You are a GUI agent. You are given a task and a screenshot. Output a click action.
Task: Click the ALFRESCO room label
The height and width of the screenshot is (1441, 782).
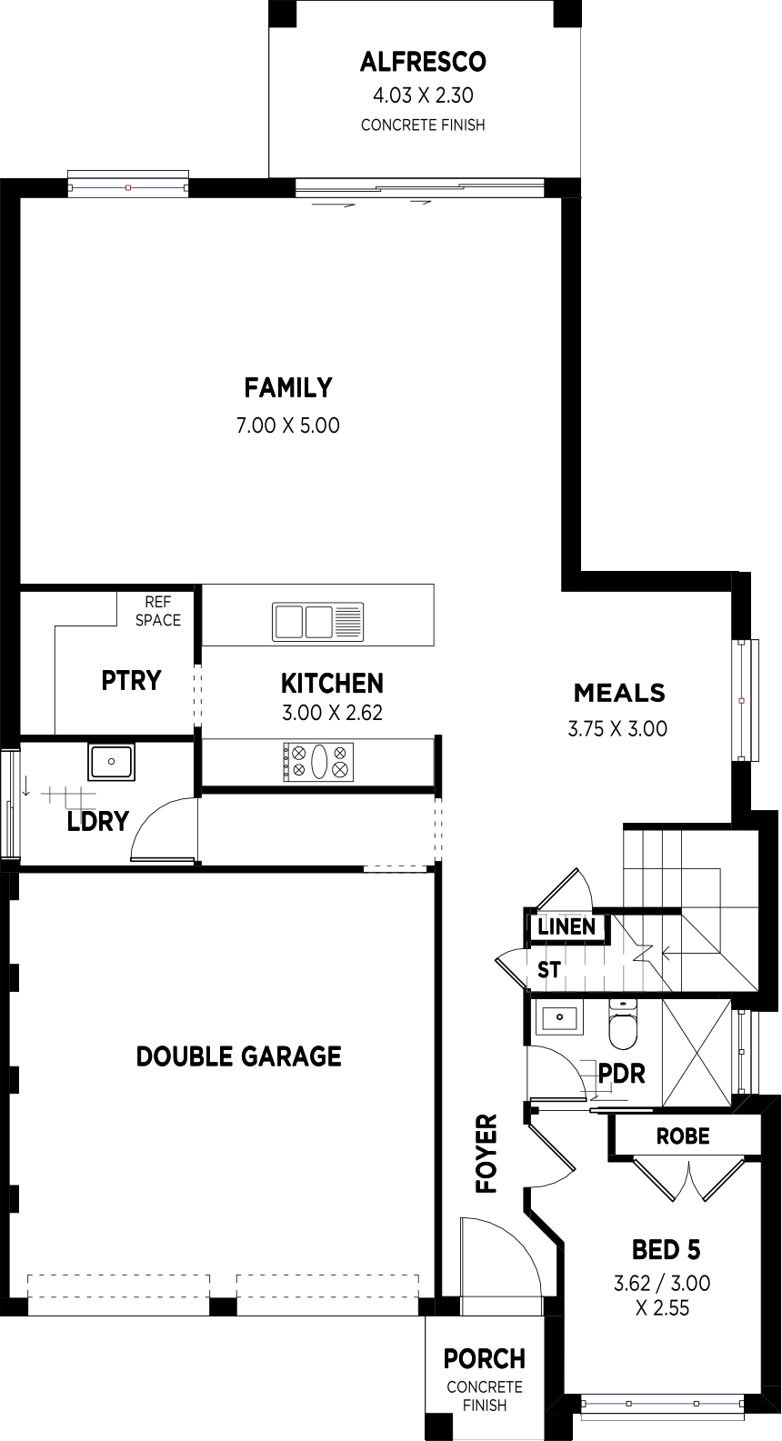(x=423, y=62)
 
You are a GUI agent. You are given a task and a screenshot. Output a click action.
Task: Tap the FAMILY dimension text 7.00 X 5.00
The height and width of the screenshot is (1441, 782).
(x=287, y=425)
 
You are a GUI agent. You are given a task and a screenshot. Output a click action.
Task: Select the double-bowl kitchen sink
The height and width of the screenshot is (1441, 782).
(x=318, y=622)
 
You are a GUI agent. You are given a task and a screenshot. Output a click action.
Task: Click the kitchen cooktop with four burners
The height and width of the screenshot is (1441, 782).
(x=318, y=762)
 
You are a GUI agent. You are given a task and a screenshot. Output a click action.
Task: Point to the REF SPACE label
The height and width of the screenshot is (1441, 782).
(x=157, y=611)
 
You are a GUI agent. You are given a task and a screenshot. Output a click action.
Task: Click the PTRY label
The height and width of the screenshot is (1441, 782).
(x=131, y=680)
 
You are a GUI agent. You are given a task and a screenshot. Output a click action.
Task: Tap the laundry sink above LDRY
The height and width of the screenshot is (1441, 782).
(x=111, y=762)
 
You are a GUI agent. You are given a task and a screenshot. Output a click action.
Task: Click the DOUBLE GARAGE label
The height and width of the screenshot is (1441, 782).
(x=239, y=1056)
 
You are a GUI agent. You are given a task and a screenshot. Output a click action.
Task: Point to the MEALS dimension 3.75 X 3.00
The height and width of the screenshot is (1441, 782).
(x=617, y=729)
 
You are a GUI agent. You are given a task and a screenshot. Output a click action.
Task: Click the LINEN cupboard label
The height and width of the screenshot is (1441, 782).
(x=566, y=927)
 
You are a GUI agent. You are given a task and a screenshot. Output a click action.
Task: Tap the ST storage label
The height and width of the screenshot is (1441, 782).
(x=549, y=969)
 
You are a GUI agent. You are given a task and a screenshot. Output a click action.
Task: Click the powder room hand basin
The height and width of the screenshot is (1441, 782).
(x=558, y=1017)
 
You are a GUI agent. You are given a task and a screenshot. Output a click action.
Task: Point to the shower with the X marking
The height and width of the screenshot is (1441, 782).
(x=697, y=1053)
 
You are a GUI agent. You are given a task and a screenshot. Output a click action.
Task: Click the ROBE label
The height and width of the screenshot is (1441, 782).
(x=683, y=1136)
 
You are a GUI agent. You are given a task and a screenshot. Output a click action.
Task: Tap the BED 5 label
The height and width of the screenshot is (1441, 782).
(x=666, y=1250)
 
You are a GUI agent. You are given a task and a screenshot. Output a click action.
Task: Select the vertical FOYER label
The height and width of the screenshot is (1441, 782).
(x=486, y=1154)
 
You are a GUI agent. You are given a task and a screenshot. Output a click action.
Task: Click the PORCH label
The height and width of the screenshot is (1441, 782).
(x=485, y=1359)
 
